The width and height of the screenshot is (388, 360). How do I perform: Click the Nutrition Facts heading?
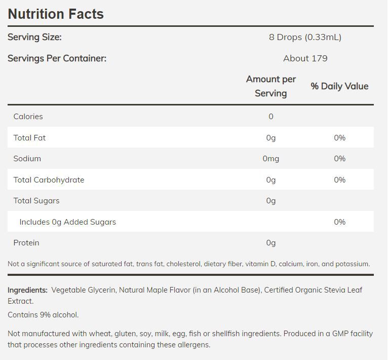[56, 14]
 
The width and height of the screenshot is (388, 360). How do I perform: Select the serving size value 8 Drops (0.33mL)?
[305, 37]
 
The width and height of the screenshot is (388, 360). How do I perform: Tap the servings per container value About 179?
[305, 58]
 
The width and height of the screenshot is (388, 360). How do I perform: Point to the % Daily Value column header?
[339, 86]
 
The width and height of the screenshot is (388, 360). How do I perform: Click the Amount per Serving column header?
[271, 86]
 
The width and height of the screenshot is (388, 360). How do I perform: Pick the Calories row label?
[28, 117]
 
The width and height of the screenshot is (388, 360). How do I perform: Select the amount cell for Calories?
[271, 117]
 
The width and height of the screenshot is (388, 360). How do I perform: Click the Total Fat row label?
[29, 138]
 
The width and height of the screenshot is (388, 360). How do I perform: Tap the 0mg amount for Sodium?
[271, 159]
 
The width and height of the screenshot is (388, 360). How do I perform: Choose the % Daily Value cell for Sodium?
[339, 159]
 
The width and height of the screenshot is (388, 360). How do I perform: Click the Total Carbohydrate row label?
[49, 180]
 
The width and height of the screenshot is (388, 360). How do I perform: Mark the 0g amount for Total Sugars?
[271, 201]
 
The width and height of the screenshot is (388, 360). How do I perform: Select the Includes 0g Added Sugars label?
[67, 222]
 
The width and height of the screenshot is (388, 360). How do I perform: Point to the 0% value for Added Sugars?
[339, 222]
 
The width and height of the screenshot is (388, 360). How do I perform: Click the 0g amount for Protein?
[271, 243]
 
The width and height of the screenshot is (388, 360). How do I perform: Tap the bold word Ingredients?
[27, 291]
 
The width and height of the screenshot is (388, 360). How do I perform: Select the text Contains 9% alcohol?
[43, 315]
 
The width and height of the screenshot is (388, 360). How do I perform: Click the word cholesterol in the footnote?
[183, 264]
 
